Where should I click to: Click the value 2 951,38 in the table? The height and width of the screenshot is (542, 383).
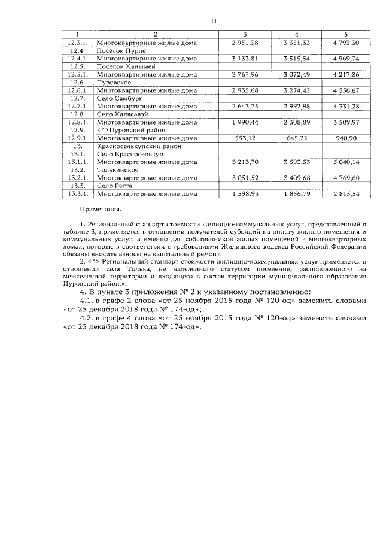tap(244, 43)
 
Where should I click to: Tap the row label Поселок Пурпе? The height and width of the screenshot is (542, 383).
tap(118, 51)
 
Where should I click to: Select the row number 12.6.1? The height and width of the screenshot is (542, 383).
tap(77, 90)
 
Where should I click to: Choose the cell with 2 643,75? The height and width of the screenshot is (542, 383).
tap(244, 106)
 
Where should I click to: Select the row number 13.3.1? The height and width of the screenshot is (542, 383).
tap(77, 194)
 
